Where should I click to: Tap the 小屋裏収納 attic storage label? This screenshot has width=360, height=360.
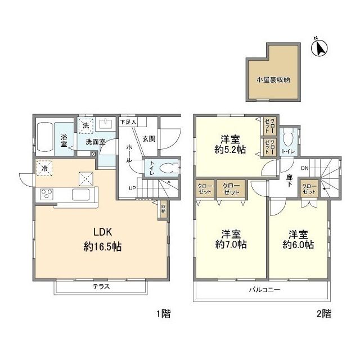point(273,80)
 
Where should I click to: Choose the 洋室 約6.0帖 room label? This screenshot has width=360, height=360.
point(299,240)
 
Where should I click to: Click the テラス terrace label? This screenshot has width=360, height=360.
point(101,286)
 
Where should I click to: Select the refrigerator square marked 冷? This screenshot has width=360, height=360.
point(43,168)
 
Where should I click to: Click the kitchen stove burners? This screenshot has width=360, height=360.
point(46,195)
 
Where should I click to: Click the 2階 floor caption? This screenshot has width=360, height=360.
point(322,314)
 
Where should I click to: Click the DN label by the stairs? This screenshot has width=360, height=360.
point(304,167)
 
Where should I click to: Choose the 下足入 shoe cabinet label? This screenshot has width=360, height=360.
point(128,121)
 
